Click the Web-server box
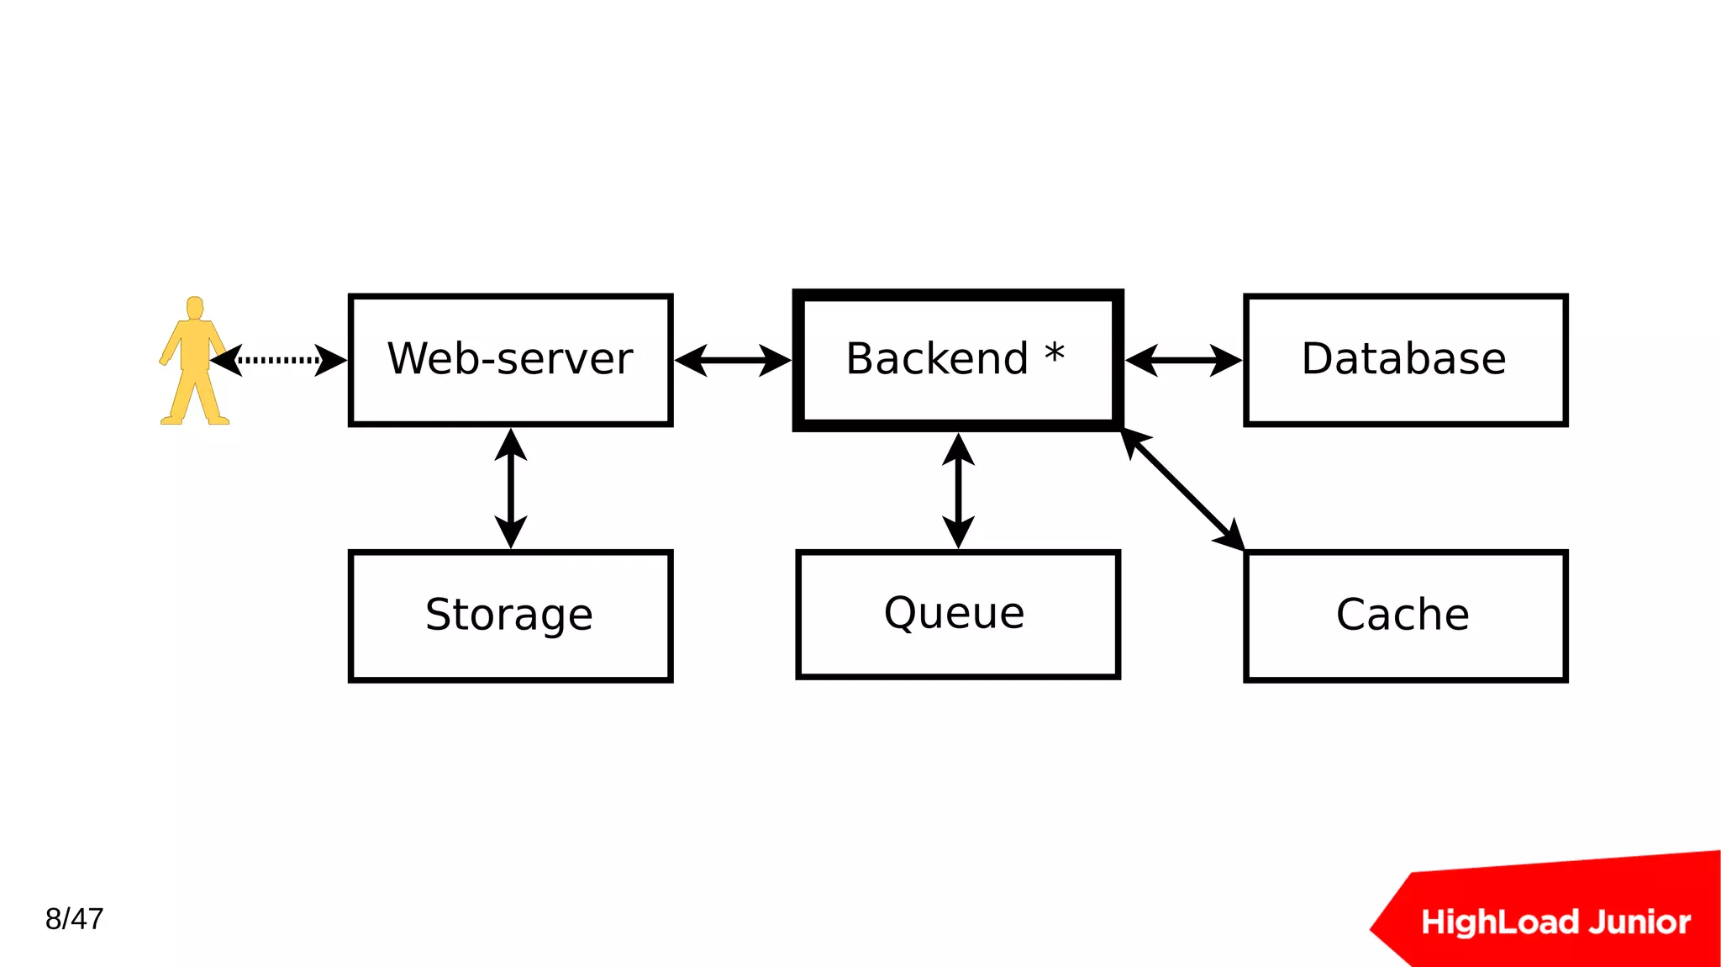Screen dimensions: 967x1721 point(510,360)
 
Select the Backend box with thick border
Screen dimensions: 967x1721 point(958,360)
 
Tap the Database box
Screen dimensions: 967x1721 point(1405,360)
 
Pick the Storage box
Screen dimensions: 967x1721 point(510,616)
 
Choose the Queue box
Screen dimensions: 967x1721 point(958,614)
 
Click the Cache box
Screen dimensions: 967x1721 point(1405,616)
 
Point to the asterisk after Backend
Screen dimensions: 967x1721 point(1055,354)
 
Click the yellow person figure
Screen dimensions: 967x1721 point(194,370)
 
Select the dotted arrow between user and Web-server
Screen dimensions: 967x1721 point(278,360)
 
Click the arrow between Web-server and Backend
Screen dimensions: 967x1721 point(733,360)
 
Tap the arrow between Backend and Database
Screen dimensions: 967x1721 point(1183,360)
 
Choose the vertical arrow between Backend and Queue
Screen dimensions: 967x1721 point(958,490)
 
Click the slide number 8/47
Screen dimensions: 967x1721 point(74,919)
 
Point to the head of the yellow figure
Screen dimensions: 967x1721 point(195,307)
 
